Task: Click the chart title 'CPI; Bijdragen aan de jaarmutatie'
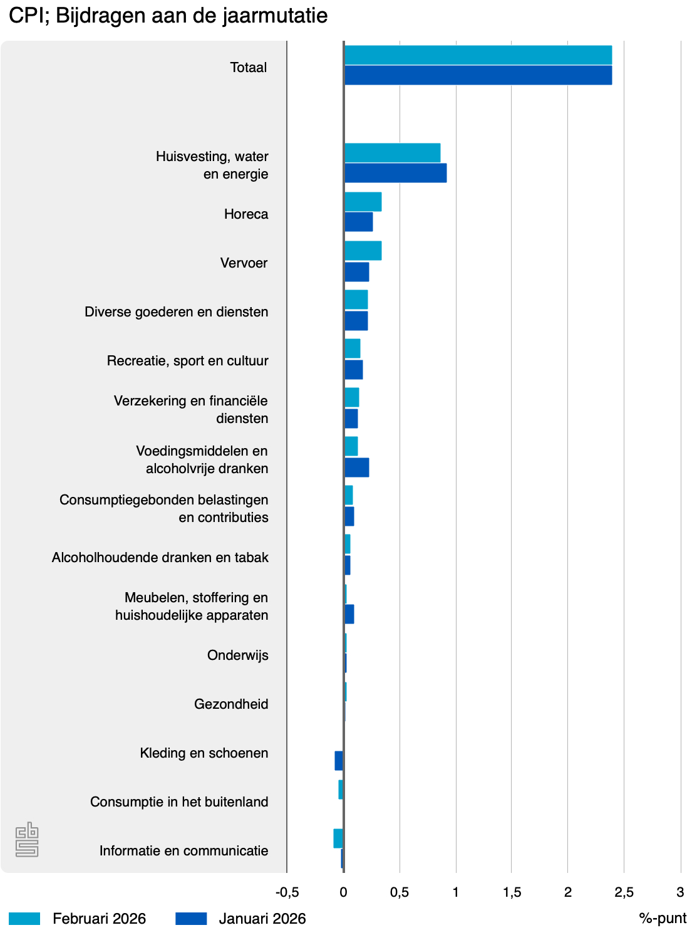[x=168, y=16]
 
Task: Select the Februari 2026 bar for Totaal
[x=478, y=56]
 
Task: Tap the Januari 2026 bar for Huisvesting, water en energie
[x=395, y=173]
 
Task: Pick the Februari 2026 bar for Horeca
[x=363, y=202]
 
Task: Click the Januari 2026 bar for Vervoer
[x=356, y=272]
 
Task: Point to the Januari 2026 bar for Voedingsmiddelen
[x=356, y=467]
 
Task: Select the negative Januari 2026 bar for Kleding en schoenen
[x=339, y=761]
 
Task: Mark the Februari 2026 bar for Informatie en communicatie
[x=338, y=838]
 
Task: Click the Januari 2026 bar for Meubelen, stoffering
[x=349, y=614]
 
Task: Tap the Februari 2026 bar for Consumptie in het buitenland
[x=341, y=790]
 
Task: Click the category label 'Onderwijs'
[x=237, y=655]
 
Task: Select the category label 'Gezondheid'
[x=231, y=704]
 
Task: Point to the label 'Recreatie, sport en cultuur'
[x=187, y=361]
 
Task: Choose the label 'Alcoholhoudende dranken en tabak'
[x=160, y=558]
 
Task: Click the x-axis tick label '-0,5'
[x=287, y=892]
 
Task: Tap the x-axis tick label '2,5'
[x=624, y=892]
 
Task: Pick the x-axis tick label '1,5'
[x=512, y=892]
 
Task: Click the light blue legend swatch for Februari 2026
[x=24, y=919]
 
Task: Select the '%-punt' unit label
[x=663, y=919]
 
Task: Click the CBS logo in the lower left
[x=27, y=839]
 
